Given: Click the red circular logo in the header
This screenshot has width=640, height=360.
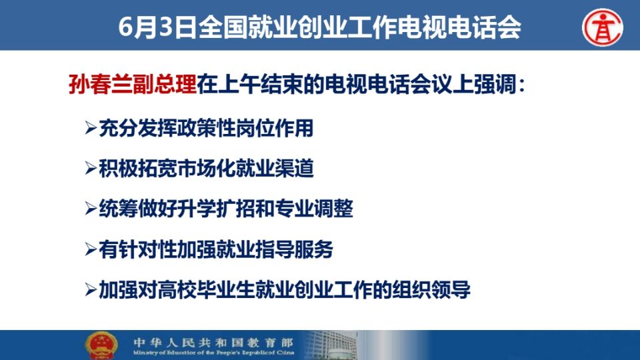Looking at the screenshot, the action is pos(603,27).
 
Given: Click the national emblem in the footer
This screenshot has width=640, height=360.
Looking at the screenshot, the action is pos(101,345).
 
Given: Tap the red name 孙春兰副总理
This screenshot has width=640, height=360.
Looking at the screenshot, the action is pos(133,85).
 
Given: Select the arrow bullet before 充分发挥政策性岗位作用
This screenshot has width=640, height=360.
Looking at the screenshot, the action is pos(91,128).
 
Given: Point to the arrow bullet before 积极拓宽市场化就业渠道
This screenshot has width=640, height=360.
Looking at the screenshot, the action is pos(91,168).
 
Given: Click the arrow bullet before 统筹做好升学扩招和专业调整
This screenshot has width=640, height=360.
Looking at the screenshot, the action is pos(91,208).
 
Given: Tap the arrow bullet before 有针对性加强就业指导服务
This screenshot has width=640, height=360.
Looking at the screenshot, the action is pos(91,249).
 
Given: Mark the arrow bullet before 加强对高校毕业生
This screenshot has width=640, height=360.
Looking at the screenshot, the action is pos(91,289).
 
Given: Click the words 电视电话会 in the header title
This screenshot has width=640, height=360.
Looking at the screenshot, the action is pos(459,27).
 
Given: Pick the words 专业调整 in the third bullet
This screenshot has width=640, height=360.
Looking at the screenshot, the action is pos(314,209).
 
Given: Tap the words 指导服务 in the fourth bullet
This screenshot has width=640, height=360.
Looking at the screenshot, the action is pos(294,249).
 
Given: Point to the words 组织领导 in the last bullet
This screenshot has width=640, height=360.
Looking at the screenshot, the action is pos(431,289).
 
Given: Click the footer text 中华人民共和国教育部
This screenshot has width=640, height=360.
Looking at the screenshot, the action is pos(213,341).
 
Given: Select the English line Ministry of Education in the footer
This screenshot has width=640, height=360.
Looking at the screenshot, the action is pos(213,352).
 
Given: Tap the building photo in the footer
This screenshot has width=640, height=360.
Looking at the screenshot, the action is pos(331,345).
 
